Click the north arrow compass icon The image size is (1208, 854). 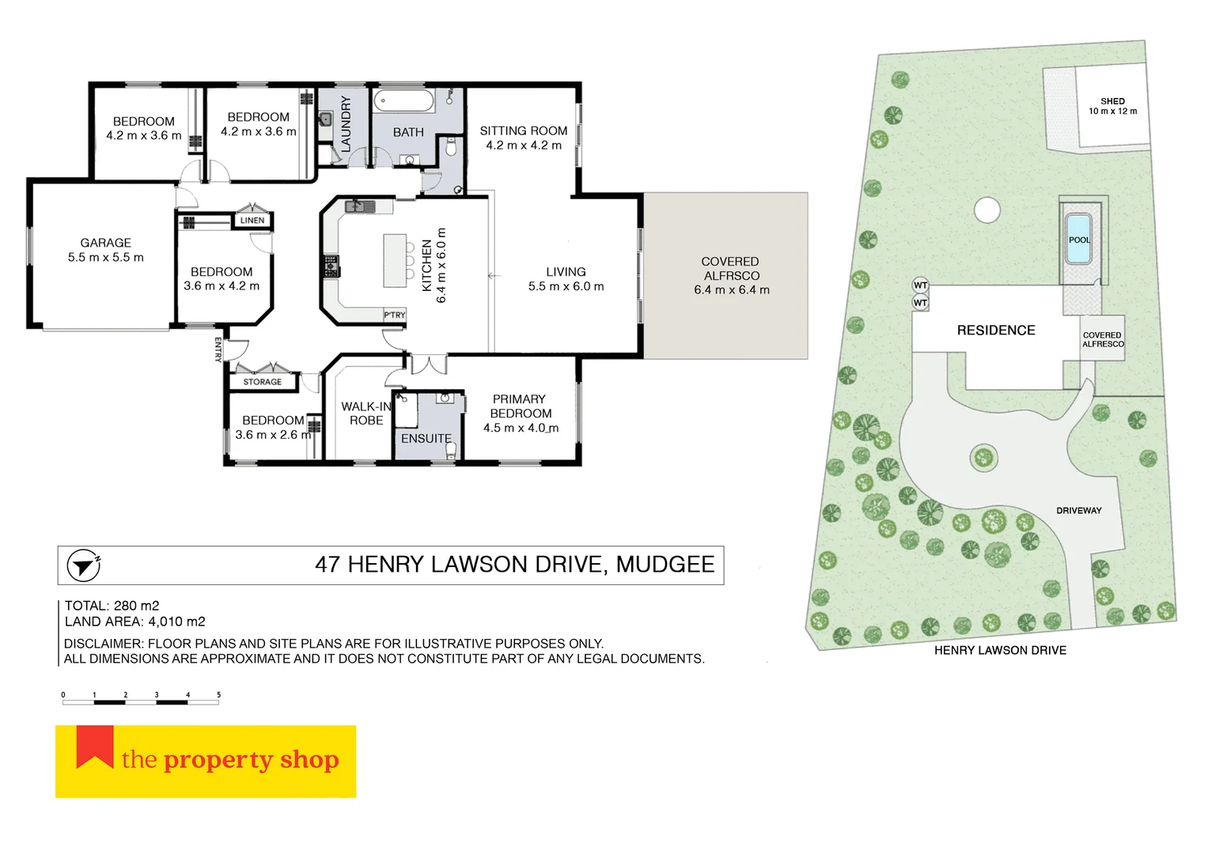tap(82, 565)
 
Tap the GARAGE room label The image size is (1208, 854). tap(105, 243)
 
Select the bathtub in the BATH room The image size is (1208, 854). tap(403, 101)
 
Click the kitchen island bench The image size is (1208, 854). tap(395, 260)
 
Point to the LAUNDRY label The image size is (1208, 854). tap(346, 124)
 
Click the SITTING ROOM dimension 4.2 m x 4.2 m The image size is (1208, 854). tap(524, 145)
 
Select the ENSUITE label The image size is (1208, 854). tap(426, 438)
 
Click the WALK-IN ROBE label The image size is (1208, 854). tap(366, 414)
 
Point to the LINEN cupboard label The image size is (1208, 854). tap(252, 221)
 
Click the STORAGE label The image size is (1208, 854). tap(262, 382)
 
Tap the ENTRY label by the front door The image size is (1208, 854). tap(218, 350)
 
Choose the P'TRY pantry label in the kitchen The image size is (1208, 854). tap(394, 315)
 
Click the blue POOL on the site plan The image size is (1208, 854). tap(1079, 239)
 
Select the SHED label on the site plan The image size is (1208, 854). tap(1112, 101)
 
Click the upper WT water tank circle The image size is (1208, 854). tap(920, 285)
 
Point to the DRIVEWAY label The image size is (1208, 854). tap(1078, 511)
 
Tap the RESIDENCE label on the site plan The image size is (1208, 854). tap(996, 331)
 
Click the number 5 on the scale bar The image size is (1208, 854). tap(218, 695)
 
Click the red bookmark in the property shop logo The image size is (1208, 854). tap(95, 746)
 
